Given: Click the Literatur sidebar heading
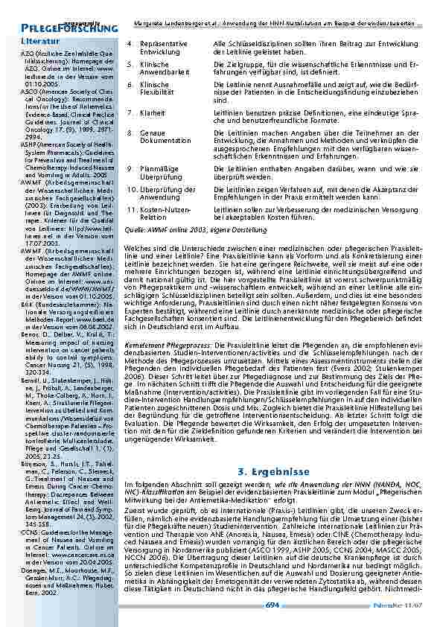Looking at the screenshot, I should point(39,40).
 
